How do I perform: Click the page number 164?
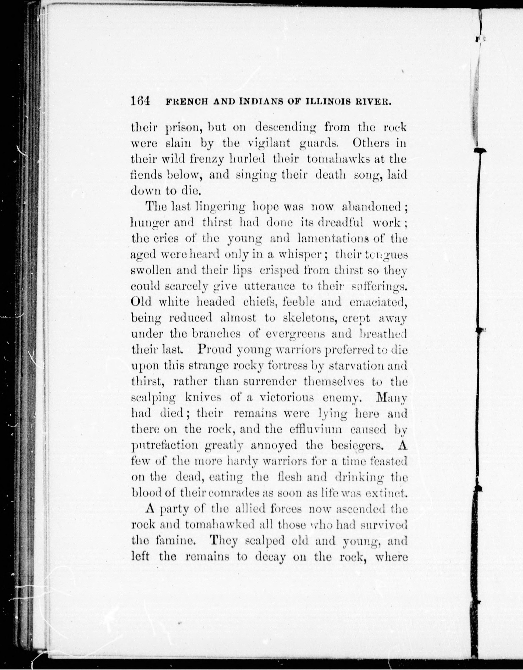pos(140,101)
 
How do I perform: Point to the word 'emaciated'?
pos(378,302)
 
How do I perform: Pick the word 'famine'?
pos(175,540)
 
